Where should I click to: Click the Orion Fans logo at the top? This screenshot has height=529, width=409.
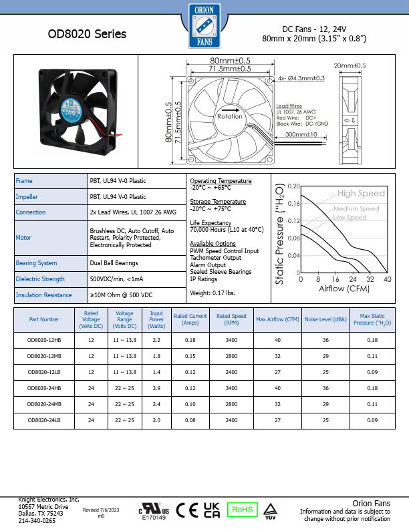204,26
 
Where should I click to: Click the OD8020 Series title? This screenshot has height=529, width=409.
87,34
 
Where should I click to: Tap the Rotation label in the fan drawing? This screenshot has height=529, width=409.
230,116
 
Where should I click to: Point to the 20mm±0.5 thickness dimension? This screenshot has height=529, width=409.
350,65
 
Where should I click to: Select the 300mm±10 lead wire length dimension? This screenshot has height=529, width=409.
301,134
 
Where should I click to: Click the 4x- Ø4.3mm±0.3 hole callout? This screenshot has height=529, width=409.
301,78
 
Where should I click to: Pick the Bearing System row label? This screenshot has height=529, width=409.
37,262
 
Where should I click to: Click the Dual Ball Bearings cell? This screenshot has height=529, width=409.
114,262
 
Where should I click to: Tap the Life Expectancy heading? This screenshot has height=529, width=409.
211,222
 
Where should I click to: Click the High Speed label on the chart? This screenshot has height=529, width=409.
361,193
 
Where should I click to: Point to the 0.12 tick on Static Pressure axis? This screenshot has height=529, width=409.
293,220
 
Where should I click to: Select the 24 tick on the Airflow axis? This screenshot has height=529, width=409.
353,279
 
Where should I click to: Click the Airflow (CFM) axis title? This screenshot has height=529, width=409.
344,289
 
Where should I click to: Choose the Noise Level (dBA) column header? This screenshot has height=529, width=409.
325,319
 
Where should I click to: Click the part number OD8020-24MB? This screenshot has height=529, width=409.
44,404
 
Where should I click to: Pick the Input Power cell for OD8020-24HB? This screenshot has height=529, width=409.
156,388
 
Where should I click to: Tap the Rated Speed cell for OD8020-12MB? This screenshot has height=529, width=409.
231,356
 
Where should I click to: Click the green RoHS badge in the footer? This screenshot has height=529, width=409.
243,510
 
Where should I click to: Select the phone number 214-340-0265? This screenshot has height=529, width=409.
37,521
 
